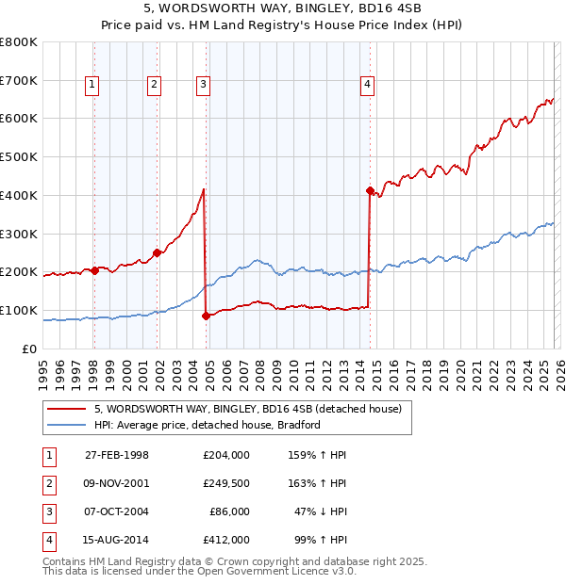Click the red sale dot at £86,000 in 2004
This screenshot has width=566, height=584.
[x=206, y=316]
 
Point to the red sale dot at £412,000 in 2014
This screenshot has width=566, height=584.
[x=370, y=190]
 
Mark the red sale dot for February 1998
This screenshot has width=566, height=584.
[x=95, y=270]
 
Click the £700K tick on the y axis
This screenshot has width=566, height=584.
[x=19, y=80]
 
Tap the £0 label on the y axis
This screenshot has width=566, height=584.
[x=30, y=349]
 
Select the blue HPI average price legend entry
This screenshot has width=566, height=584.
[x=208, y=425]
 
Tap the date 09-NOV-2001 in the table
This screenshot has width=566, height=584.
[x=117, y=483]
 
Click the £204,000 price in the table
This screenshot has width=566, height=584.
[x=226, y=455]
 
